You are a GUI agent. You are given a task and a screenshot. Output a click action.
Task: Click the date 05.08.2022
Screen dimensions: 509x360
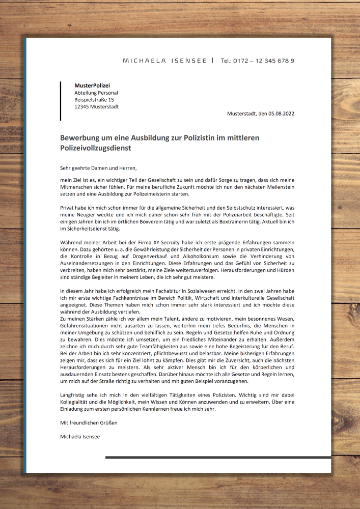[282, 114]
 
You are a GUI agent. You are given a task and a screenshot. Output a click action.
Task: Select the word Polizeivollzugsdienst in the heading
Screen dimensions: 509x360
[95, 148]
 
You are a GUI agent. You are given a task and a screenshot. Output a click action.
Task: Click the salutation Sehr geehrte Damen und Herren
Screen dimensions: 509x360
[99, 167]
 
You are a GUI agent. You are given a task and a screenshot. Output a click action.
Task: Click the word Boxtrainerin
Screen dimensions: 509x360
[246, 222]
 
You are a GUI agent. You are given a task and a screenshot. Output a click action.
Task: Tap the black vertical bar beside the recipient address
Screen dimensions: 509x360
[61, 101]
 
